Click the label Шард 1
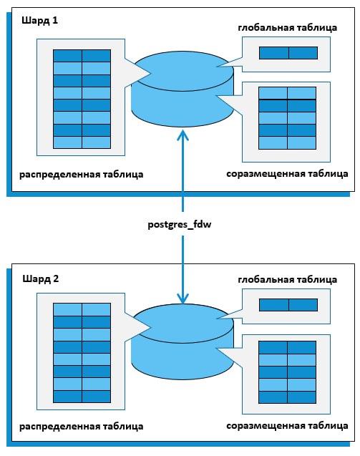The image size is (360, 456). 40,21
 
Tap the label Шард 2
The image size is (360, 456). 41,279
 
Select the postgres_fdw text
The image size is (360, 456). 180,225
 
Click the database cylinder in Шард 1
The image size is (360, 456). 183,89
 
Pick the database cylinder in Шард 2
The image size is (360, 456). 183,341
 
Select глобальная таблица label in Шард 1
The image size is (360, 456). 287,28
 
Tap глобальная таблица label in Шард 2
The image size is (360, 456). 287,280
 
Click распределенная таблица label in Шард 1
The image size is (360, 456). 82,175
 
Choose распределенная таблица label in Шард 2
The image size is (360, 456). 82,427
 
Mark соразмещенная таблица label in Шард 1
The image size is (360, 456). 287,174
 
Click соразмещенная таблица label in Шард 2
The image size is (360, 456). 287,426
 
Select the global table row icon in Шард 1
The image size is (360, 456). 288,53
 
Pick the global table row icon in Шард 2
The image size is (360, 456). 288,305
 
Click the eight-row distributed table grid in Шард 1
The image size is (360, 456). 82,100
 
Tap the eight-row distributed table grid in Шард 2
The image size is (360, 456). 82,353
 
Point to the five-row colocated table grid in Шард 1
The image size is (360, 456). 287,118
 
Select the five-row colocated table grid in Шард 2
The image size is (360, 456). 287,372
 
